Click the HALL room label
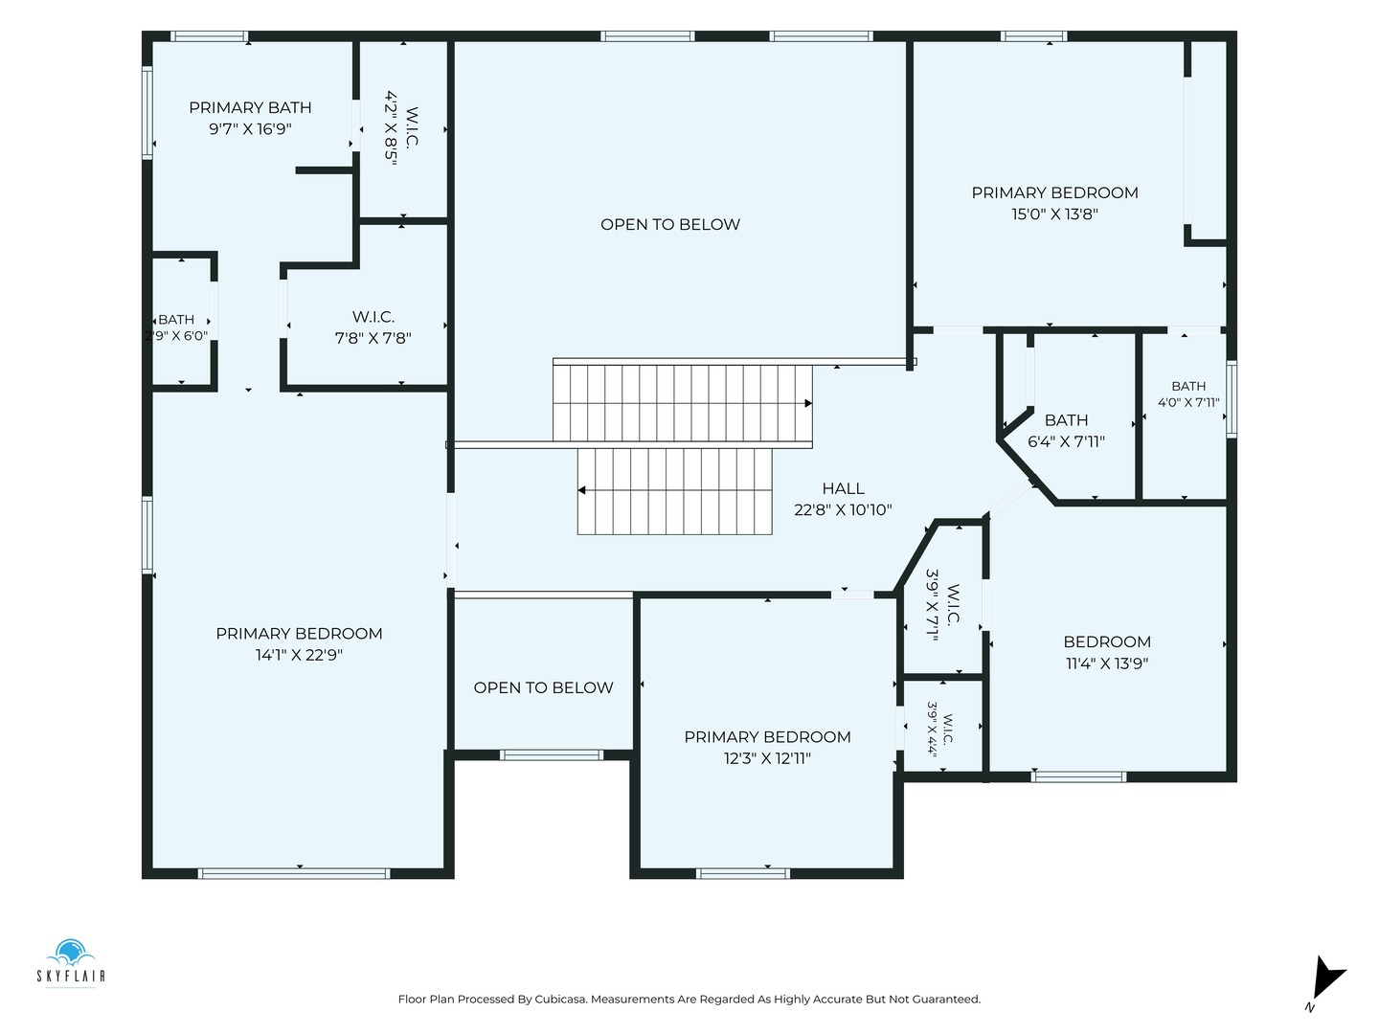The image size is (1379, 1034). (x=843, y=488)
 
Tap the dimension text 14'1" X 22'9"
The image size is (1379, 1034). (x=299, y=655)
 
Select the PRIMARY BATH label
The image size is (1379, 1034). (x=250, y=107)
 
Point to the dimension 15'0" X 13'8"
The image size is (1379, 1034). (x=1054, y=214)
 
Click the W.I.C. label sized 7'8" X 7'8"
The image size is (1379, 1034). (x=373, y=316)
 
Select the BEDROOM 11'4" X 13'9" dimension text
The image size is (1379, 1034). (x=1107, y=663)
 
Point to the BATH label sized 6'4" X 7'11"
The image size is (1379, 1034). (x=1066, y=419)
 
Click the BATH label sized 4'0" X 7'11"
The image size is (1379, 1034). (x=1188, y=386)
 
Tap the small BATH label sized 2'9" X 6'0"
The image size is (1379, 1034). (x=176, y=320)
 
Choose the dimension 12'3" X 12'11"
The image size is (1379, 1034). (x=767, y=757)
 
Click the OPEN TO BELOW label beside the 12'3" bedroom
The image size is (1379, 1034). (x=543, y=687)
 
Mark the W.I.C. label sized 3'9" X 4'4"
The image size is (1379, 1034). (x=948, y=729)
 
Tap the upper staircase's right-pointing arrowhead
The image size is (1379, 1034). (x=808, y=403)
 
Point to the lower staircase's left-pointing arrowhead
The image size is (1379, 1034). (x=581, y=490)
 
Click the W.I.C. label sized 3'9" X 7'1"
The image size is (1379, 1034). (x=953, y=604)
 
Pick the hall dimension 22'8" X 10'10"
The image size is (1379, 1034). (x=843, y=509)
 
